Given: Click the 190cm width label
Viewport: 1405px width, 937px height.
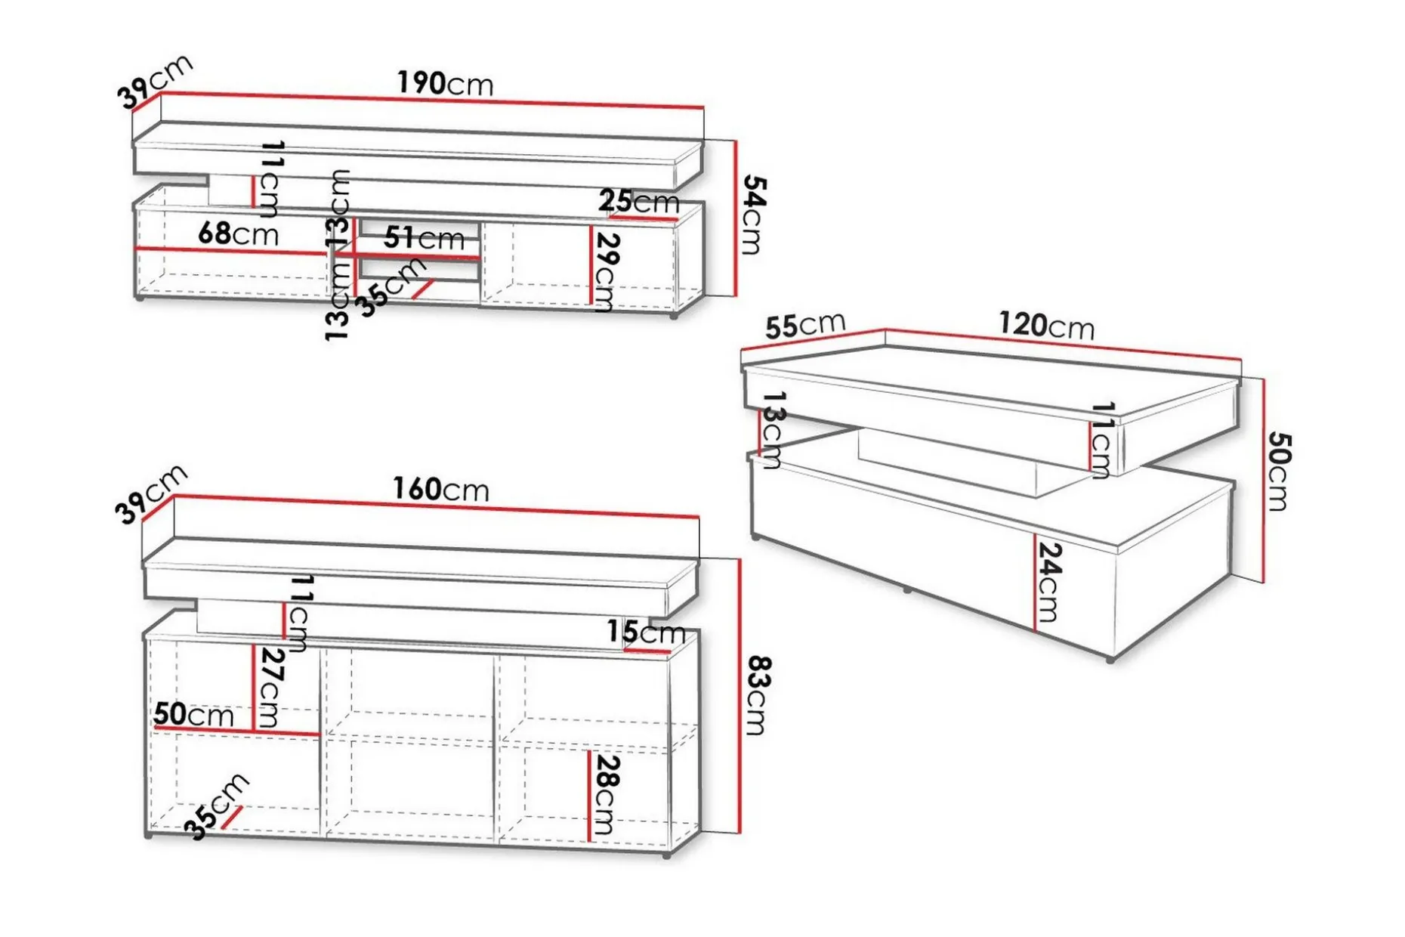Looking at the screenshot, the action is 446,83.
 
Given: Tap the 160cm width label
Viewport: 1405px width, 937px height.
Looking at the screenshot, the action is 440,490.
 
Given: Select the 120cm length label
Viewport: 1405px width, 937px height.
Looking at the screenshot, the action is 1047,325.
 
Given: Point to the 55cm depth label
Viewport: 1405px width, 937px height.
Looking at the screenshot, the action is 805,325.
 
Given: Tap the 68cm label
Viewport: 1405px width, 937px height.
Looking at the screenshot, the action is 238,233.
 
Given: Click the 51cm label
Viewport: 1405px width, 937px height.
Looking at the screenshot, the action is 424,238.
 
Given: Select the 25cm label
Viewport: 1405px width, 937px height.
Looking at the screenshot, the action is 639,202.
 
